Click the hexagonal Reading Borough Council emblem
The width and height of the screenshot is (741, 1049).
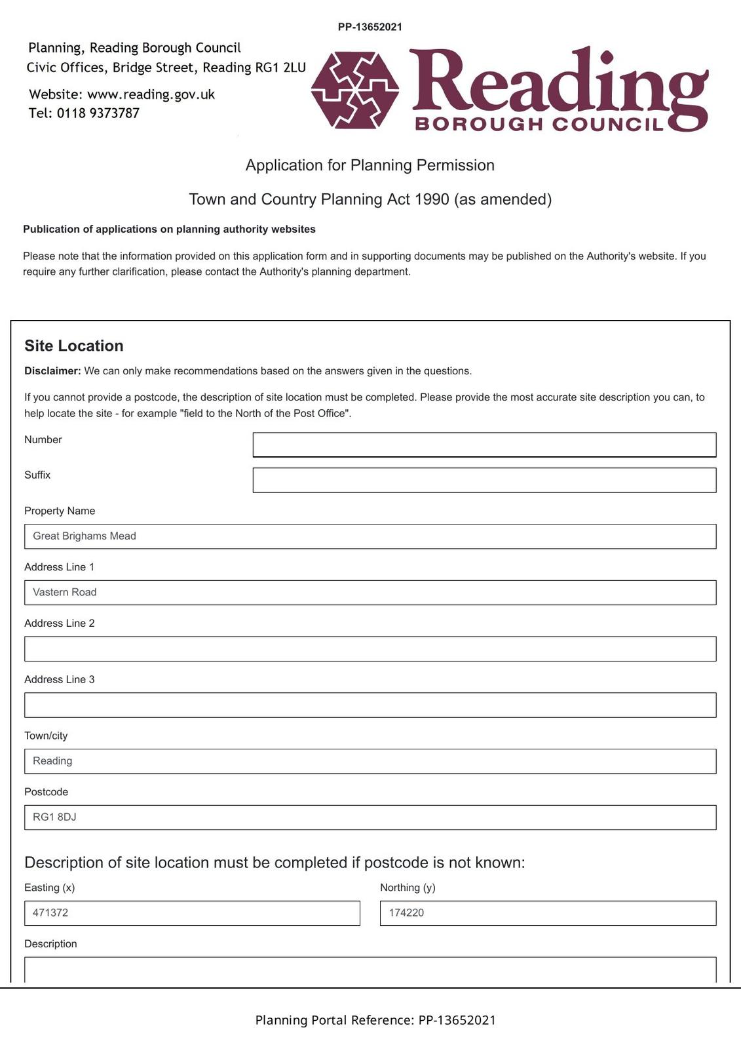355,89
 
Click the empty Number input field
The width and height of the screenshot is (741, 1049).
484,445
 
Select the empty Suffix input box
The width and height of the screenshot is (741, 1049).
484,480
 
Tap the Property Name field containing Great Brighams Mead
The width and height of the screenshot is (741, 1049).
370,536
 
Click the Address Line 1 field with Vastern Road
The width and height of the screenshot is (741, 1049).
370,593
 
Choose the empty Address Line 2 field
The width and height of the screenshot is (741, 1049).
370,649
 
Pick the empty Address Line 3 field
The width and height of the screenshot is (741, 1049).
370,705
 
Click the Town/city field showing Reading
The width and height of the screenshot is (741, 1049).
370,761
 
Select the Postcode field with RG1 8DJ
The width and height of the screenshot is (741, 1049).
370,818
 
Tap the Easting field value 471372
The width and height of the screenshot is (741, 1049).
192,913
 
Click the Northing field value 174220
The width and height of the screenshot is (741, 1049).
548,913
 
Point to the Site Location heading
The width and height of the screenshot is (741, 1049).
74,346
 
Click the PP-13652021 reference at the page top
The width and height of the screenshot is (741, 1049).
370,27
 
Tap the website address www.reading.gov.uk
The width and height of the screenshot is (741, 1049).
151,94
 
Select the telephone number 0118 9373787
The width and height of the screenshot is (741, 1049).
98,113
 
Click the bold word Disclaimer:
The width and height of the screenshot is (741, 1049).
52,371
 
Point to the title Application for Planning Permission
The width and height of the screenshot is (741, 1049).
370,165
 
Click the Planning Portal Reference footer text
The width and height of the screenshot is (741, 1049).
375,1020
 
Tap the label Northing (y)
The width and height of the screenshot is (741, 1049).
408,888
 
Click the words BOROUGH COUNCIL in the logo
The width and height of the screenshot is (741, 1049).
539,124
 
